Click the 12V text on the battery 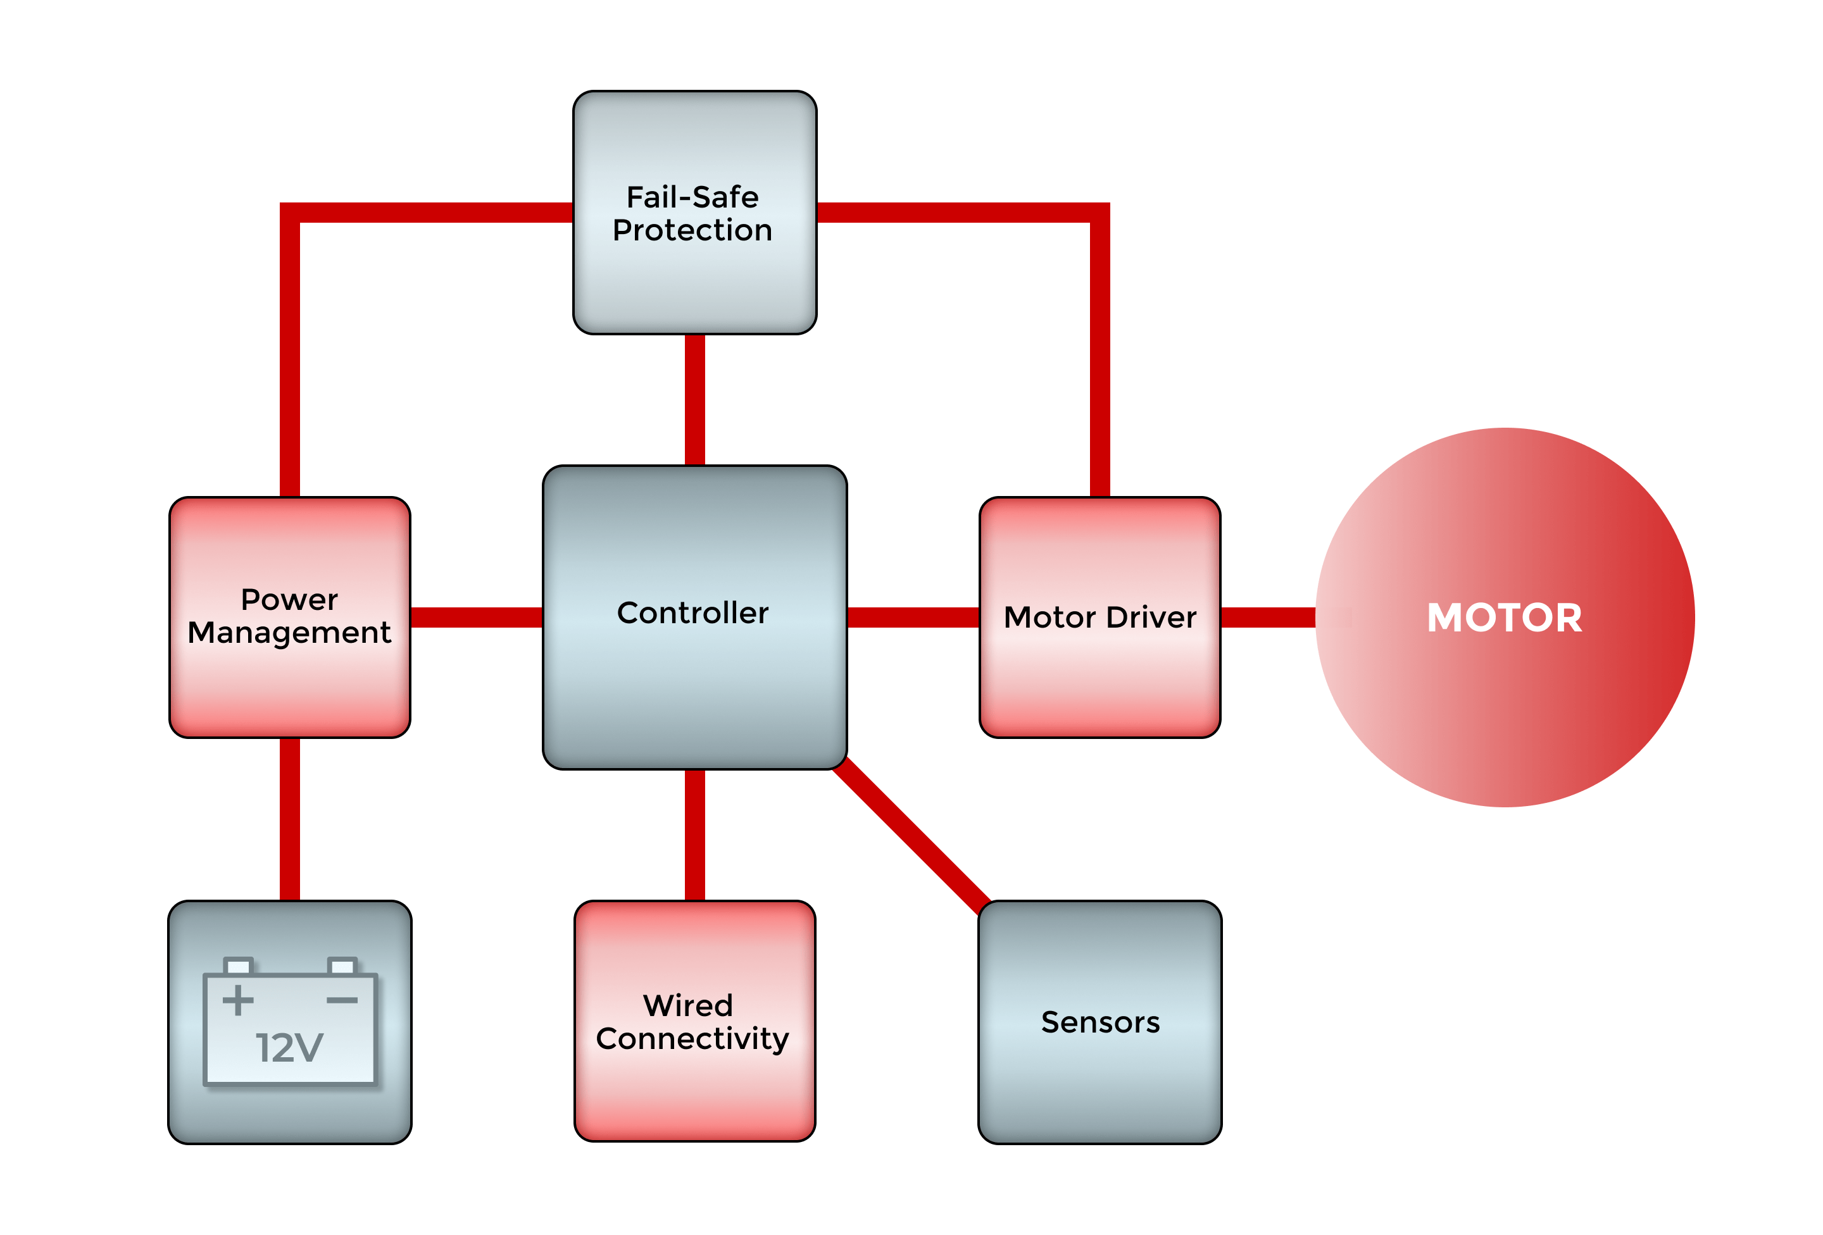(x=289, y=1048)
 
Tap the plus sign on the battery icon (x=237, y=1000)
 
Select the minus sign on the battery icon (x=342, y=1000)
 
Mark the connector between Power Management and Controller (x=476, y=617)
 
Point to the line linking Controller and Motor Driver (x=913, y=617)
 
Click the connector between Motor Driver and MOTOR (x=1268, y=617)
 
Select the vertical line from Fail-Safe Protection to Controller (x=694, y=400)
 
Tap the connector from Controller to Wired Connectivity (x=694, y=835)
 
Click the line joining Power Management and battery (x=289, y=819)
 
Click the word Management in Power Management (x=289, y=633)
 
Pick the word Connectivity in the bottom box (x=692, y=1039)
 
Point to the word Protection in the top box (x=692, y=230)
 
